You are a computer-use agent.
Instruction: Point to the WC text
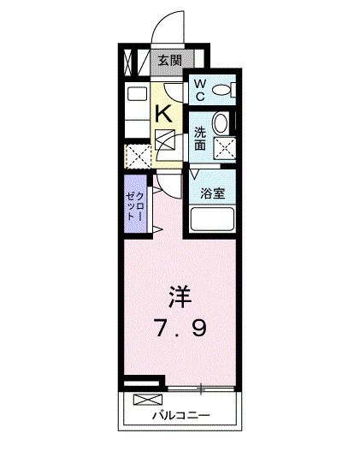click(x=198, y=88)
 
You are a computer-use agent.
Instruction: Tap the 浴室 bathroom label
click(x=213, y=193)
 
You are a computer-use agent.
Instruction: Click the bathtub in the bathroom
click(x=213, y=219)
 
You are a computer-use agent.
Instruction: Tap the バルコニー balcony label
click(x=180, y=416)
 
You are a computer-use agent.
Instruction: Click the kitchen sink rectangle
click(x=136, y=95)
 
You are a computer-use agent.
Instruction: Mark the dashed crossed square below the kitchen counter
click(x=137, y=156)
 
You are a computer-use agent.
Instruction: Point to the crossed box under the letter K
click(x=166, y=139)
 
